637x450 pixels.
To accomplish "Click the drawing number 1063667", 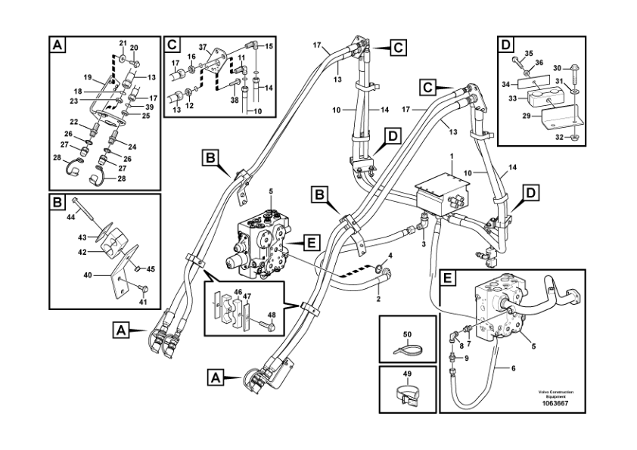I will click(555, 403).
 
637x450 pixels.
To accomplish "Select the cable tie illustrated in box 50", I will click(406, 348).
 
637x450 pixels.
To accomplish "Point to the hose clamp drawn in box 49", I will click(408, 393).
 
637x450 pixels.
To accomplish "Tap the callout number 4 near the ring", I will click(390, 256).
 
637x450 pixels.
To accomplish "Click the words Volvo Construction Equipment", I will click(555, 393).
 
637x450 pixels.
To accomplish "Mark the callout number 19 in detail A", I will click(87, 77).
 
